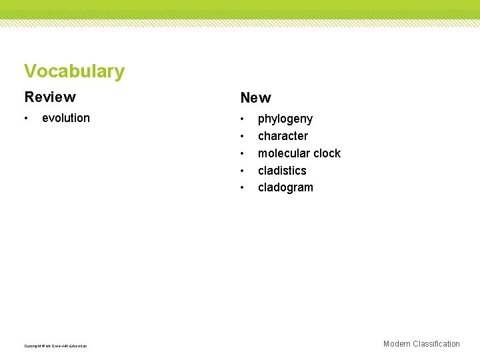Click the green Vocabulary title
(x=74, y=71)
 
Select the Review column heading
(x=50, y=97)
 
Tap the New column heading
(x=255, y=98)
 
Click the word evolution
(x=65, y=118)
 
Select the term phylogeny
(x=285, y=119)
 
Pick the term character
(x=283, y=136)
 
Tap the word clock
(x=327, y=153)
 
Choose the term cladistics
(x=282, y=171)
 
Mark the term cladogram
(x=285, y=187)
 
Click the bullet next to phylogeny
(x=243, y=119)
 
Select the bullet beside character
(x=243, y=137)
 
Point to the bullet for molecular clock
(x=243, y=154)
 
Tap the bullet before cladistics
(x=243, y=171)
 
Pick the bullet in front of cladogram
(x=243, y=188)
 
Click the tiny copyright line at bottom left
(x=55, y=345)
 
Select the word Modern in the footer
(x=397, y=344)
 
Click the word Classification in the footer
(x=436, y=344)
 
